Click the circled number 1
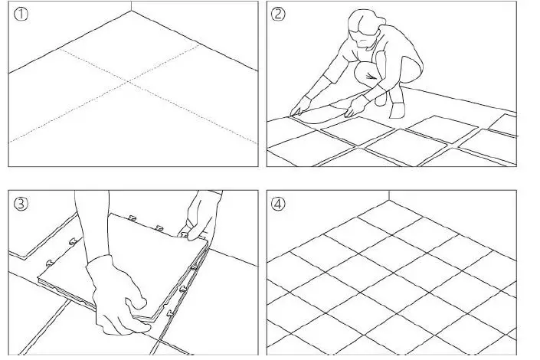(x=21, y=15)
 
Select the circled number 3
(x=21, y=204)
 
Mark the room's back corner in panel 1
(x=130, y=11)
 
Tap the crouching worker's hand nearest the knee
(x=354, y=106)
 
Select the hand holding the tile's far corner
(x=201, y=217)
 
